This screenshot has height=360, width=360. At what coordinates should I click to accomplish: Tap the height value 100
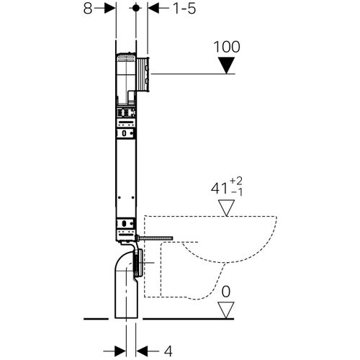click(227, 47)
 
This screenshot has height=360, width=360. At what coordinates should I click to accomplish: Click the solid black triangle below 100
click(228, 66)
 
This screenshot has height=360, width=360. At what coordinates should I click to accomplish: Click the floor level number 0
click(228, 293)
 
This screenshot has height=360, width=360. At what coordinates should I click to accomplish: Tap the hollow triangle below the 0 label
click(228, 310)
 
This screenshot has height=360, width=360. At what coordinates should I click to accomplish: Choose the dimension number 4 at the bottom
click(167, 351)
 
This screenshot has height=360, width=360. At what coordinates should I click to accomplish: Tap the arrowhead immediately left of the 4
click(142, 350)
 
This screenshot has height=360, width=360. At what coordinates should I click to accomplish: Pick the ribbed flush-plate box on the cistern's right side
click(144, 72)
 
